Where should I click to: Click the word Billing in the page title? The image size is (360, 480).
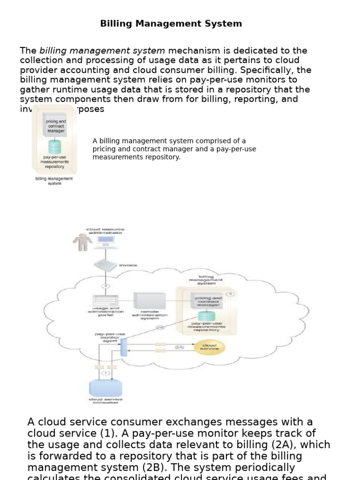point(114,23)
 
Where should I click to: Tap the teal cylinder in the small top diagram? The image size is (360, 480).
point(54,146)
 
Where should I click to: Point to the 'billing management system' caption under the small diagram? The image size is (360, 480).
point(54,181)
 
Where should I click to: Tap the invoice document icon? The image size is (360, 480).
point(105,265)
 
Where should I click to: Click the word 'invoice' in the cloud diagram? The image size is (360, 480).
point(128,265)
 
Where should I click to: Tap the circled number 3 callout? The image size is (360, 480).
point(229,294)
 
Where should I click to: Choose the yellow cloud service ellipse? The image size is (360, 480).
point(209,347)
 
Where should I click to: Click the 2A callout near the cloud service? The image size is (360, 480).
point(179,347)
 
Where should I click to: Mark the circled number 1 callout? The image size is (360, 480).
point(105,373)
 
